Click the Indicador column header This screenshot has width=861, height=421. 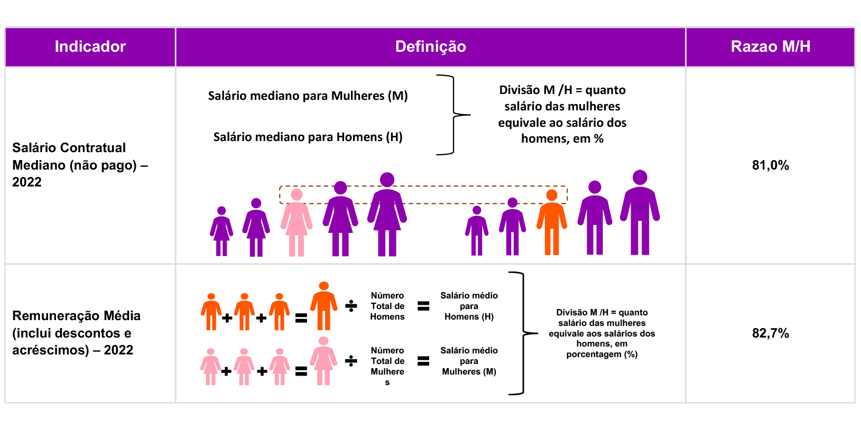tap(90, 46)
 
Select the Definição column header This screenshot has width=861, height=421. tap(430, 46)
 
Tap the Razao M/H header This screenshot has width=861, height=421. tap(770, 46)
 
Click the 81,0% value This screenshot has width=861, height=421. tap(770, 165)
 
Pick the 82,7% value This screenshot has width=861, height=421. tap(770, 333)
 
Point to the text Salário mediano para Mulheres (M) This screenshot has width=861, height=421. tap(308, 96)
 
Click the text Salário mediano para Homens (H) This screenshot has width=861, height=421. tap(308, 137)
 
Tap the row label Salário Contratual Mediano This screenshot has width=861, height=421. tap(79, 165)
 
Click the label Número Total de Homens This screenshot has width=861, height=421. tap(387, 306)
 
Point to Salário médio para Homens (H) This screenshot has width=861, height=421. tap(469, 306)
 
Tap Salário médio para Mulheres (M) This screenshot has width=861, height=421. tap(469, 361)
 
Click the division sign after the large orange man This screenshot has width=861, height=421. tap(351, 306)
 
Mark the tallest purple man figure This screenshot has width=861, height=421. tap(640, 213)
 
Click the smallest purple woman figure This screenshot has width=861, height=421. tap(221, 231)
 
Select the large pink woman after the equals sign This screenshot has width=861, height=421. tap(323, 361)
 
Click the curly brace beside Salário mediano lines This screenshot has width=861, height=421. tap(453, 115)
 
